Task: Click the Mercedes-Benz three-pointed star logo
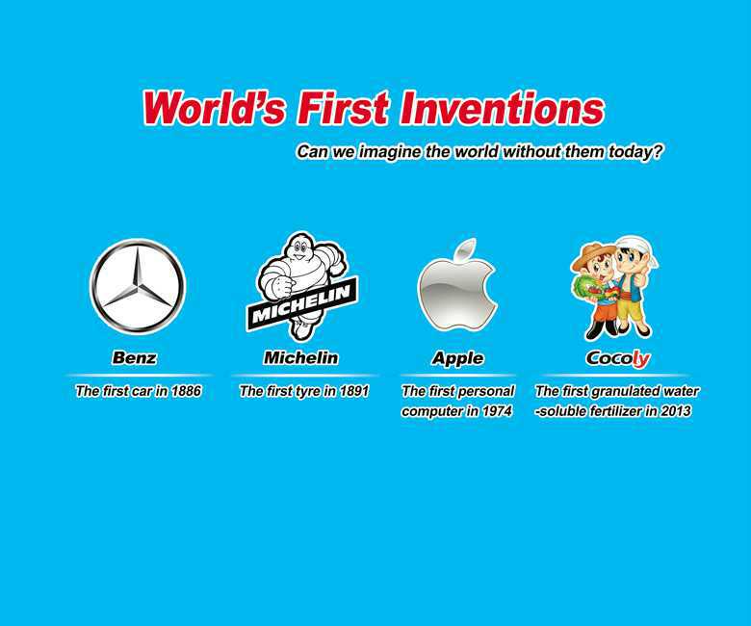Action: click(138, 286)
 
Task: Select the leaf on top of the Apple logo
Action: click(467, 249)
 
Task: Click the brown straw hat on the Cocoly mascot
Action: click(587, 256)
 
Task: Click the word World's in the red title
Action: click(214, 108)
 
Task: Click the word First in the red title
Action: click(343, 108)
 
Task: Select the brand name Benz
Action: click(134, 357)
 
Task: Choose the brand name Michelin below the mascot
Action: click(300, 357)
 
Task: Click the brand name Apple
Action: click(457, 358)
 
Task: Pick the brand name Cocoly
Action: click(618, 358)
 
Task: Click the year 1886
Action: click(186, 391)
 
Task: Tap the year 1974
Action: click(497, 411)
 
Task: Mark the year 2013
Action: click(675, 411)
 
